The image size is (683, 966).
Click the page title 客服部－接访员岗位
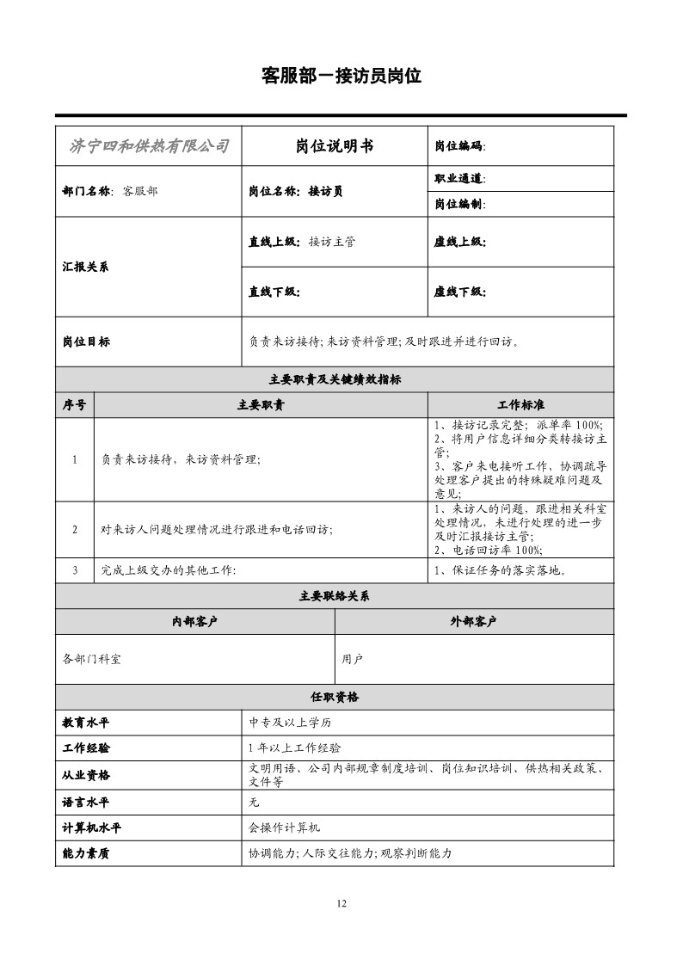pyautogui.click(x=341, y=76)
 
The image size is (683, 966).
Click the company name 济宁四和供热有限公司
pyautogui.click(x=149, y=145)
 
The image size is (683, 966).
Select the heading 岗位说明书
pyautogui.click(x=335, y=145)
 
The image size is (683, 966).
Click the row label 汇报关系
pyautogui.click(x=86, y=267)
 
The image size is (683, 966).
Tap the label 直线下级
pyautogui.click(x=274, y=292)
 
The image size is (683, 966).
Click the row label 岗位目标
pyautogui.click(x=86, y=341)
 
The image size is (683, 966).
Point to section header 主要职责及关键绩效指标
pyautogui.click(x=335, y=379)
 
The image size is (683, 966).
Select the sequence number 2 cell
pyautogui.click(x=75, y=529)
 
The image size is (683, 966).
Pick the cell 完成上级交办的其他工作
pyautogui.click(x=169, y=570)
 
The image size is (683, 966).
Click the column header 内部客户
pyautogui.click(x=195, y=622)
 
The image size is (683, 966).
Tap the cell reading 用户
pyautogui.click(x=353, y=660)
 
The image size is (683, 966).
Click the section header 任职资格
pyautogui.click(x=335, y=697)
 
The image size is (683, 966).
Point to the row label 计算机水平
pyautogui.click(x=92, y=828)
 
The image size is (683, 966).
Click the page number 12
pyautogui.click(x=341, y=903)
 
